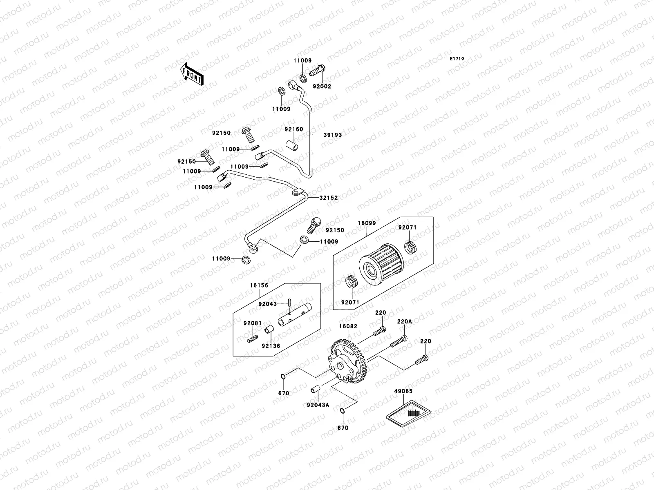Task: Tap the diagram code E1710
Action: (x=457, y=59)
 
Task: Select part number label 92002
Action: (x=323, y=87)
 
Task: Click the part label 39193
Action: (x=333, y=135)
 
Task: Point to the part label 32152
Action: (x=329, y=198)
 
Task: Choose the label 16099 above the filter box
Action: (x=367, y=223)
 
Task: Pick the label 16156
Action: (x=259, y=285)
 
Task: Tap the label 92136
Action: (x=271, y=346)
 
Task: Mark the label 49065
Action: (x=403, y=391)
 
